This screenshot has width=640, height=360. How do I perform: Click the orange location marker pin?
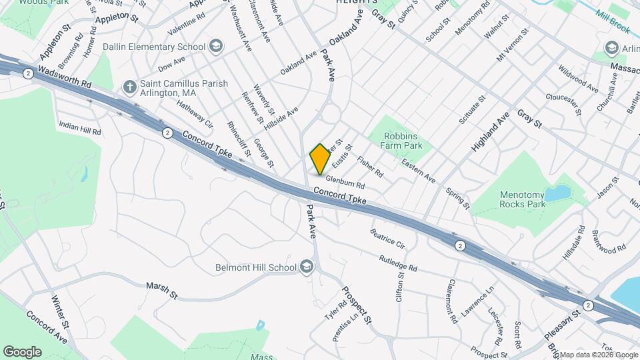point(320,159)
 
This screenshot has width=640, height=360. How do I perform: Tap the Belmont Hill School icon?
point(307,267)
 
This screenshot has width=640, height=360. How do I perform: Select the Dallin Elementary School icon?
point(215,46)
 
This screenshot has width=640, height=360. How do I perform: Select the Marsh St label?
point(162,290)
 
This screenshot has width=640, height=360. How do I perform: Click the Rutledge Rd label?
point(398,263)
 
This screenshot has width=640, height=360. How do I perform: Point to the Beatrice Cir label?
point(387,238)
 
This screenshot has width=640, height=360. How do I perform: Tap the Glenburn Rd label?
point(345,181)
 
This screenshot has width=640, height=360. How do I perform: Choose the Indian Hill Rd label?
point(79,128)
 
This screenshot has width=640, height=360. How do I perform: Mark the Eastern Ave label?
point(419,171)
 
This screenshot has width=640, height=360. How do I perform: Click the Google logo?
point(22,352)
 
